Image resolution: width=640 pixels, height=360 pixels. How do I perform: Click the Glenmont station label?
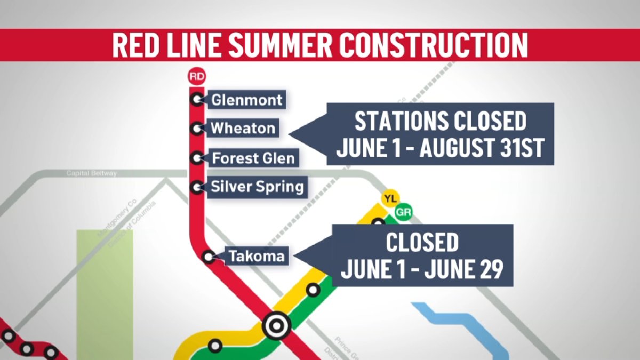tap(246, 100)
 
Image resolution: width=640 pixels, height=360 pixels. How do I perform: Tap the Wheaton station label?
tap(243, 129)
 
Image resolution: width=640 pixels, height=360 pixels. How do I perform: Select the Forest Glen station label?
tap(253, 158)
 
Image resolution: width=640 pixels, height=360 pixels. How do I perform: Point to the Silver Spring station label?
tap(257, 187)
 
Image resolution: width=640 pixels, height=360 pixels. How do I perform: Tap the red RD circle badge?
tap(197, 77)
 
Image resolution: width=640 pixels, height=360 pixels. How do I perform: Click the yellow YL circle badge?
tap(390, 199)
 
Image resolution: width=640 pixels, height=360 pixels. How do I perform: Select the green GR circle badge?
tap(403, 213)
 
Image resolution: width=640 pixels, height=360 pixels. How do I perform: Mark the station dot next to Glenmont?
tap(197, 99)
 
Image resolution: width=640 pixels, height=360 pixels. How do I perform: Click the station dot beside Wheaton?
tap(197, 129)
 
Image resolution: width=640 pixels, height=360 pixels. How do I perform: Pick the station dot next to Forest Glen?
tap(197, 158)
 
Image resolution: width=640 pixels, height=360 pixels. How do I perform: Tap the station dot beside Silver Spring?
tap(197, 187)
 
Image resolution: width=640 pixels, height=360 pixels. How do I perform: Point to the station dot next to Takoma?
tap(210, 257)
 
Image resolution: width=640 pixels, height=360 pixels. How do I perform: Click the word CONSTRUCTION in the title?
tap(437, 46)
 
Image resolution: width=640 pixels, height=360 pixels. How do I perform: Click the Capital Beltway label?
tap(91, 173)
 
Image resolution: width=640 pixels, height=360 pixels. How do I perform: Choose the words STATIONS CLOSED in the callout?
tap(441, 122)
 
